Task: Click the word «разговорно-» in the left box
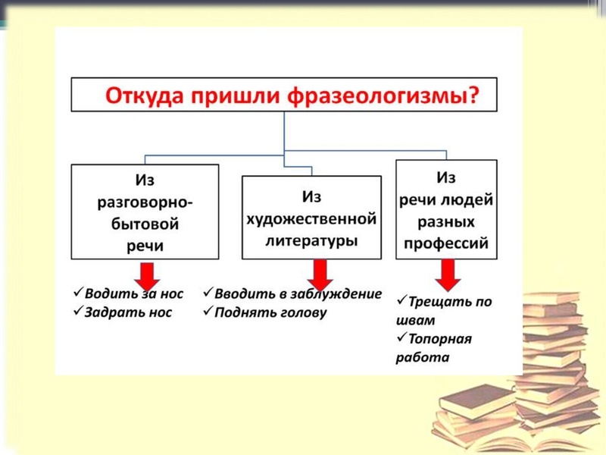tap(145, 203)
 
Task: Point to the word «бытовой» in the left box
tap(145, 224)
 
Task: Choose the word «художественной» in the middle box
tap(311, 219)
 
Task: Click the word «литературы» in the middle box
tap(311, 240)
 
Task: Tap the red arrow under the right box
tap(448, 275)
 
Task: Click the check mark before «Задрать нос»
tap(78, 311)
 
